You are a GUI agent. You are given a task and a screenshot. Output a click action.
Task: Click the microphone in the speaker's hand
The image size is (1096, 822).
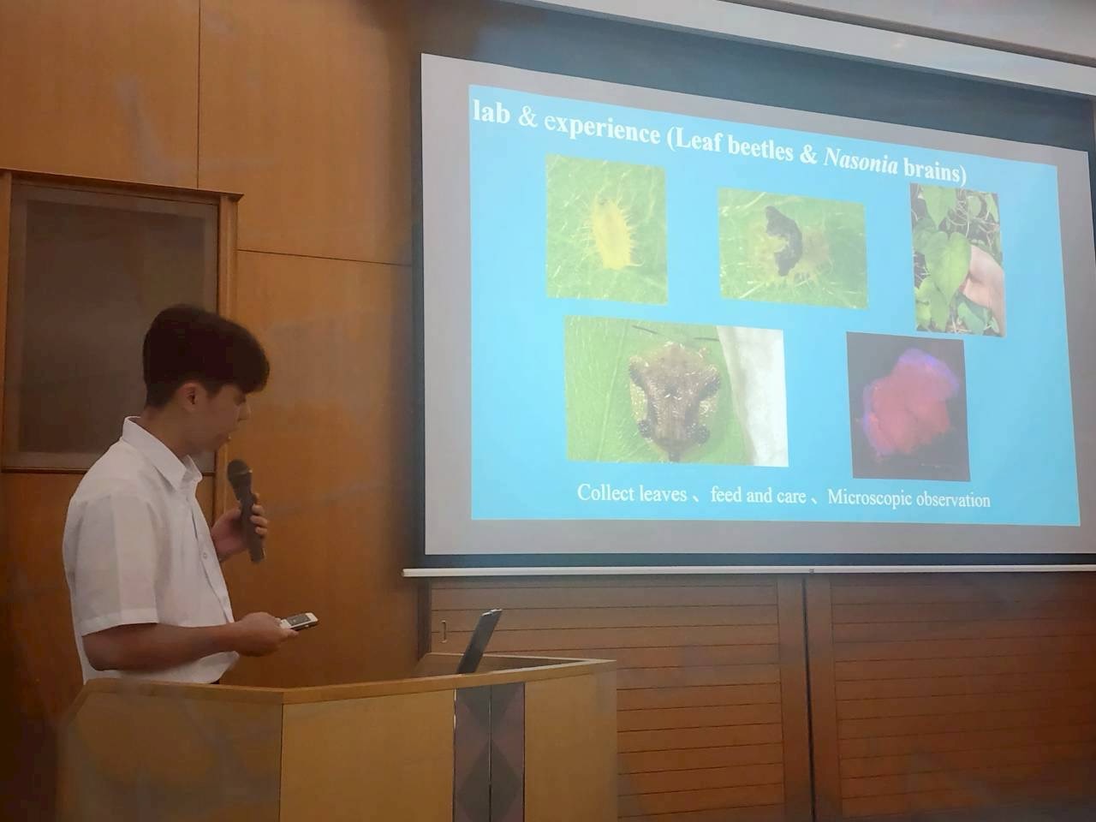coord(245,509)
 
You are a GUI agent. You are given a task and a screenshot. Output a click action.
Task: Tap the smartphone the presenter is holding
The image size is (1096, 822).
coord(298,621)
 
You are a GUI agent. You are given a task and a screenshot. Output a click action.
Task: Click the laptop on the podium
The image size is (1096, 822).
coord(479,640)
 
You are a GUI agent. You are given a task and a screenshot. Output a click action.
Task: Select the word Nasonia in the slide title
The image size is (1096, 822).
coord(861,162)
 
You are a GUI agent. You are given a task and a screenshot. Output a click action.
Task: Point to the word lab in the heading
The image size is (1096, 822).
coord(491,113)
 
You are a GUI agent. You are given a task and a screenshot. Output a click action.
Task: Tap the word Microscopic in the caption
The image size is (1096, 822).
coord(868,497)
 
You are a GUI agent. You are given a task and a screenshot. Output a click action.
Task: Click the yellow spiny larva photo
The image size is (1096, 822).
coord(607,229)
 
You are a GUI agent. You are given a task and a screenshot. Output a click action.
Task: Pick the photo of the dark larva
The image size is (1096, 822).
coord(792,248)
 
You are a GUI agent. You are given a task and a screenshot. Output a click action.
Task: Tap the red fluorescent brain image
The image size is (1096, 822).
coord(908,406)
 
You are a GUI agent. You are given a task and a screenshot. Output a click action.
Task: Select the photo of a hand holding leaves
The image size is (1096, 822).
coord(957,259)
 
